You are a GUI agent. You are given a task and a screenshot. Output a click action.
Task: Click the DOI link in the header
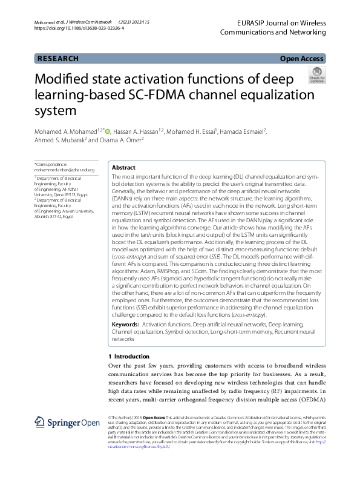coord(79,28)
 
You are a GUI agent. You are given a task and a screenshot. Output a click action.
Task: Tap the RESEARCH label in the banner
coord(58,59)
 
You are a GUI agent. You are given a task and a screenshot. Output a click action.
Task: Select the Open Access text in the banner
coord(301,59)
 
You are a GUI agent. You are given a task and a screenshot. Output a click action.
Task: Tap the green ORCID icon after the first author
coord(108,130)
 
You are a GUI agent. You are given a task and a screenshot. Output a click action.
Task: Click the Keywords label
coord(126,326)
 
